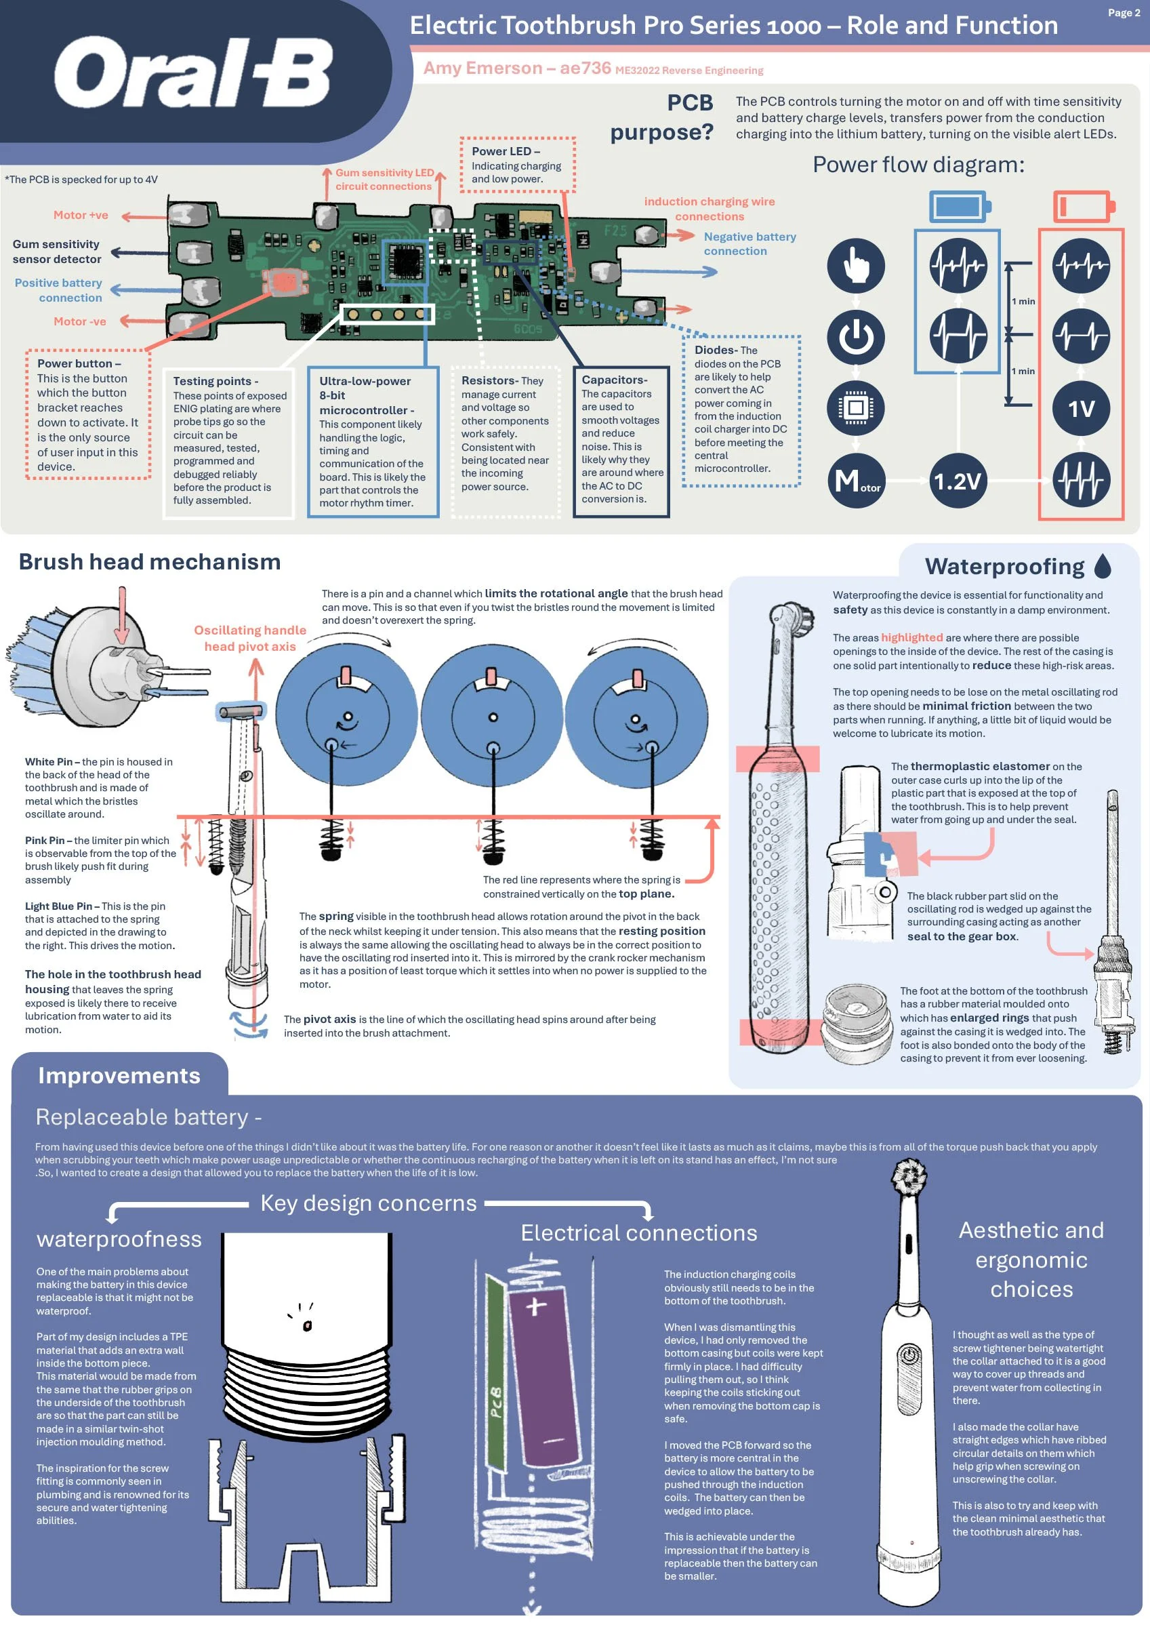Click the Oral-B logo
[x=192, y=73]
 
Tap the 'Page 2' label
[x=1124, y=13]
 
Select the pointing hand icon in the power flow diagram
[x=856, y=266]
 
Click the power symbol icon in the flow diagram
[x=856, y=337]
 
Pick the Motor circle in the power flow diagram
[x=856, y=481]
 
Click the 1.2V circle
[x=958, y=481]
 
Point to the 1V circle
[x=1081, y=408]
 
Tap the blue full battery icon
[x=960, y=205]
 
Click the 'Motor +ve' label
[x=81, y=215]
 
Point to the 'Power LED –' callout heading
[x=506, y=151]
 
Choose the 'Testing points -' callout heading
[x=215, y=381]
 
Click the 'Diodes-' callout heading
[x=716, y=350]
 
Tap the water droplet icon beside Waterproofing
[x=1103, y=565]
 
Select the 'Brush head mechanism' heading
[x=150, y=561]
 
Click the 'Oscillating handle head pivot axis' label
[x=250, y=638]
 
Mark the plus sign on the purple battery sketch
[x=535, y=1306]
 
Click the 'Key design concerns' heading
[x=369, y=1203]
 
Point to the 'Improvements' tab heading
[x=119, y=1075]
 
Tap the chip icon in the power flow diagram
[x=856, y=408]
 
